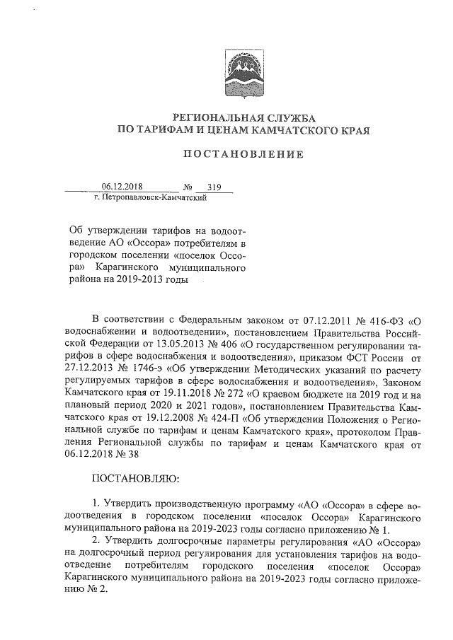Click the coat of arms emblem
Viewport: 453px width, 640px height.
pyautogui.click(x=243, y=75)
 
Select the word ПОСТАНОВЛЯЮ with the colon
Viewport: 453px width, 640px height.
pyautogui.click(x=137, y=479)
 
